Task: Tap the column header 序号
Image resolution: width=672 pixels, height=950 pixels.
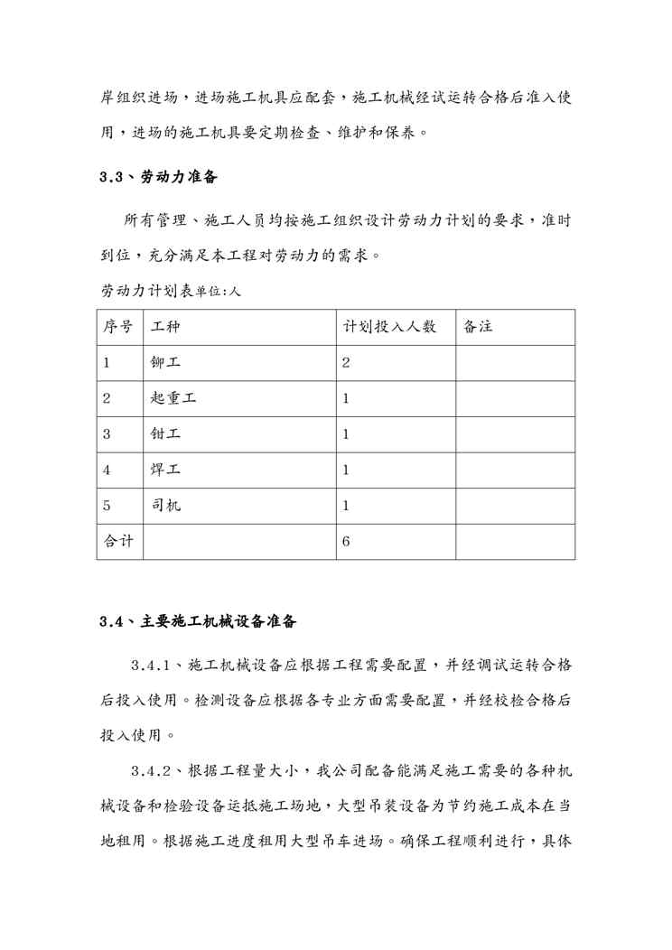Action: (x=118, y=327)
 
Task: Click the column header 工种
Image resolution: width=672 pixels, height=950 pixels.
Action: (x=166, y=327)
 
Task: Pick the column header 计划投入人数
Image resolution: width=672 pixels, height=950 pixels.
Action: (x=389, y=327)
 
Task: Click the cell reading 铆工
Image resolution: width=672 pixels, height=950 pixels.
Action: (x=166, y=363)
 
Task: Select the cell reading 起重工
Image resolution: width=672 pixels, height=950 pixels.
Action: (x=173, y=398)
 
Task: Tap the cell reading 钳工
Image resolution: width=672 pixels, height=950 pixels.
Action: (x=166, y=434)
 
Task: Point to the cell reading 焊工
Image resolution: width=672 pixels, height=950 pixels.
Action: (x=166, y=470)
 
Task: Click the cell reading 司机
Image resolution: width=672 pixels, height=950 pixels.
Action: (x=166, y=506)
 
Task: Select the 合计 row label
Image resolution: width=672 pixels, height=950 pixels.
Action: (x=118, y=542)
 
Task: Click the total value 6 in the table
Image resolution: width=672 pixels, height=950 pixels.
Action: (x=346, y=542)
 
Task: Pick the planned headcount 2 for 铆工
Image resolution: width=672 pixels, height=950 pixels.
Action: (x=346, y=363)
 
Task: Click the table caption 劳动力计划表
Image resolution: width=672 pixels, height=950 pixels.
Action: (x=147, y=292)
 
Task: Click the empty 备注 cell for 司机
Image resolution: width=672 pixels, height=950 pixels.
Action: (x=515, y=506)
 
